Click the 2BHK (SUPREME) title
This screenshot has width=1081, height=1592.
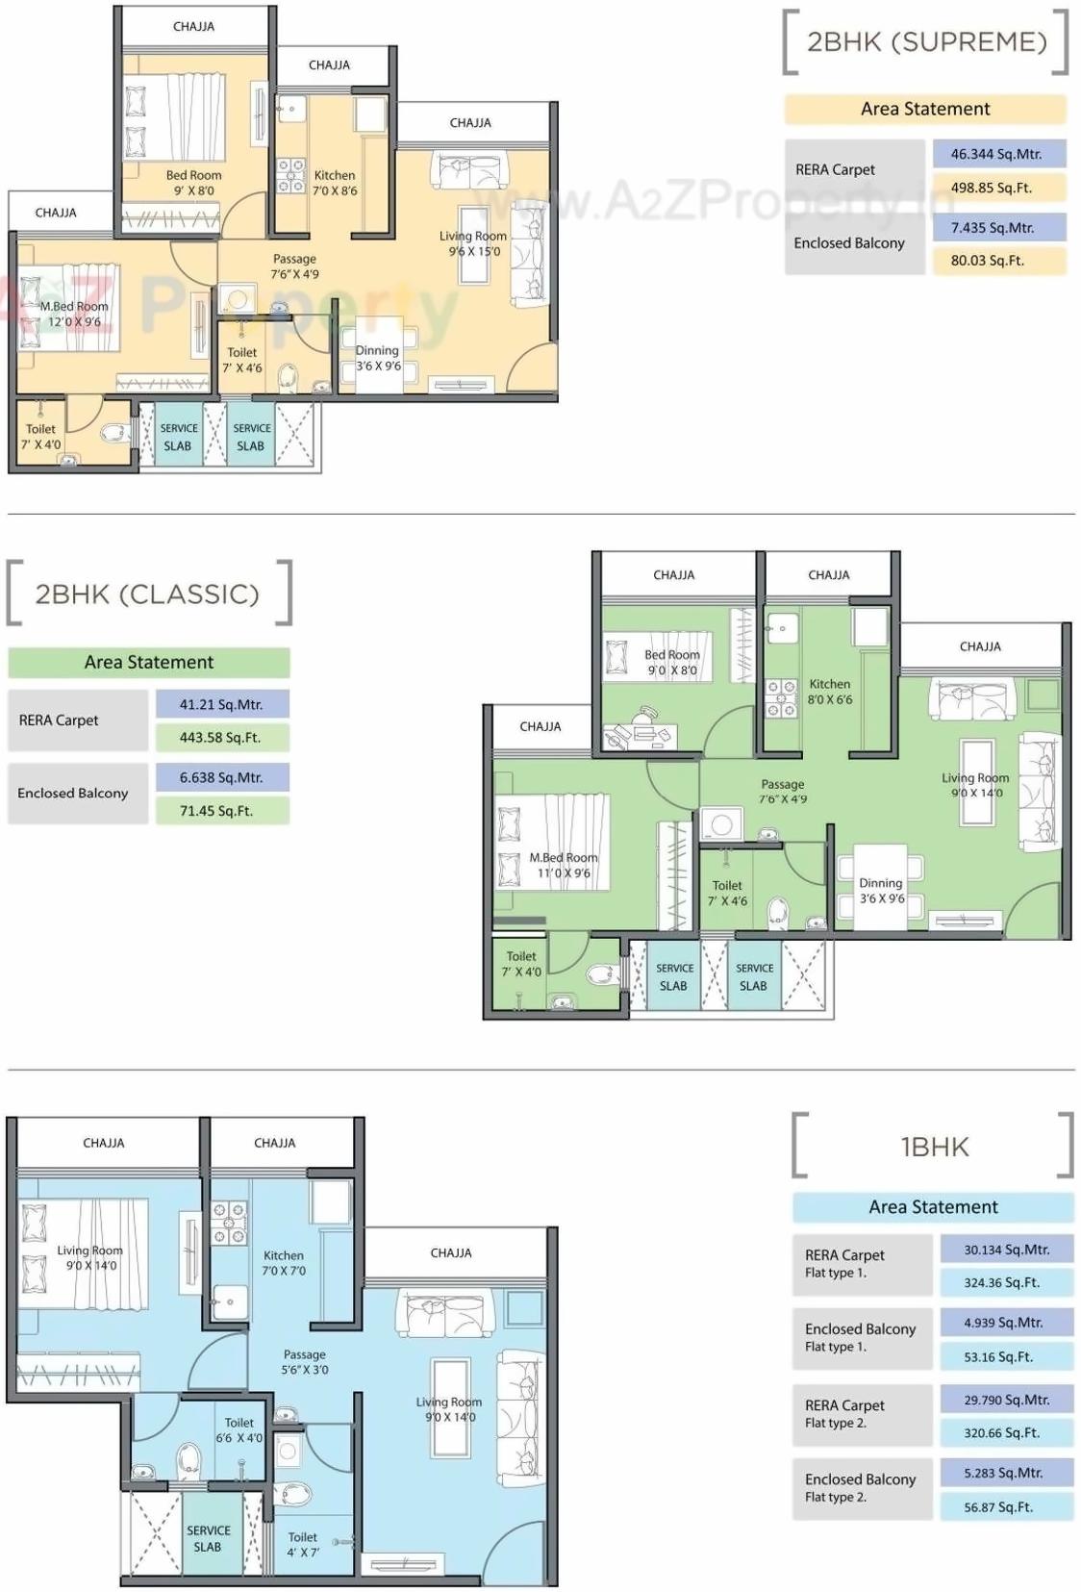click(x=926, y=41)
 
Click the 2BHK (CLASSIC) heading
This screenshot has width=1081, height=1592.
click(x=147, y=594)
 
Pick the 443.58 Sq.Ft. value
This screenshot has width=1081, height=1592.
click(x=221, y=738)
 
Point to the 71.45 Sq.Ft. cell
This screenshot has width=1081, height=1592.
click(x=221, y=811)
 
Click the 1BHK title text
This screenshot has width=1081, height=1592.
click(x=934, y=1147)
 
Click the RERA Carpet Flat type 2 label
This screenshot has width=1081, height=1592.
click(x=845, y=1414)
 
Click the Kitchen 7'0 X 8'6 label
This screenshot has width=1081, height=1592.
click(x=335, y=183)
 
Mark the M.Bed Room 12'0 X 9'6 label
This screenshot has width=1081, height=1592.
click(x=74, y=314)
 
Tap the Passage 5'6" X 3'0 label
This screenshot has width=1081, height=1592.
click(x=304, y=1361)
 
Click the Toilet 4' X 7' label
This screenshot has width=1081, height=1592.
click(x=303, y=1544)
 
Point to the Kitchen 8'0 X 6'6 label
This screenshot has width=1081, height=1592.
click(x=829, y=692)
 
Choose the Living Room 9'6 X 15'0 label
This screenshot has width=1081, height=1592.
click(x=473, y=243)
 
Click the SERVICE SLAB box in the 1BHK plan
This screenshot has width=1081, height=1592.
click(x=209, y=1538)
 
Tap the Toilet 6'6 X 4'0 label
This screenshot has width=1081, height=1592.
click(x=239, y=1430)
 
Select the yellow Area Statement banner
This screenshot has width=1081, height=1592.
click(x=925, y=109)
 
